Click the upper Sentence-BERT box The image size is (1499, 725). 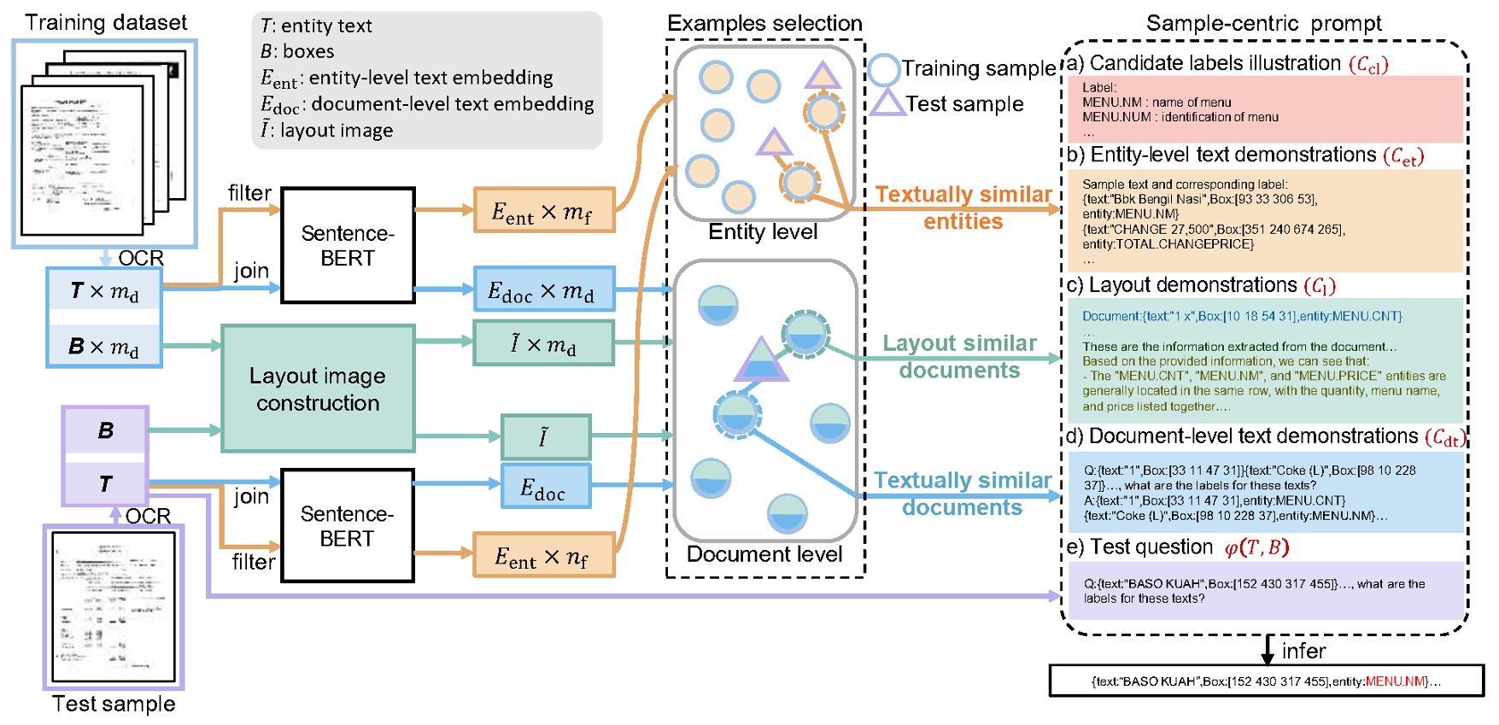point(348,245)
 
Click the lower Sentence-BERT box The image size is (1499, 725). point(348,525)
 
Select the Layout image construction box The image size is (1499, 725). point(318,389)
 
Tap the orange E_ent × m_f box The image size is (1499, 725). point(544,210)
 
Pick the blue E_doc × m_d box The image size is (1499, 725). point(544,289)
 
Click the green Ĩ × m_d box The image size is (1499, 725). point(544,343)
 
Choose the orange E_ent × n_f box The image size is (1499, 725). point(544,556)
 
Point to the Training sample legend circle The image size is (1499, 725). point(884,69)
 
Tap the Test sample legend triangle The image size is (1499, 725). point(887,104)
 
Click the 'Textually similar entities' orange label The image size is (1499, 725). point(963,208)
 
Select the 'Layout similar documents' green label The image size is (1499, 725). point(959,356)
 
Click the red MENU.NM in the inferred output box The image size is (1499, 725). point(1395,681)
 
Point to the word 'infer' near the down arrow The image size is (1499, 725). point(1303,652)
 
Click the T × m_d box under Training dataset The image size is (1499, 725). point(104,292)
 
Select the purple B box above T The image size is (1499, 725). point(105,430)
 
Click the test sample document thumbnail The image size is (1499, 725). point(114,606)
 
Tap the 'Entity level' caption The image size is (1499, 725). point(763,232)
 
